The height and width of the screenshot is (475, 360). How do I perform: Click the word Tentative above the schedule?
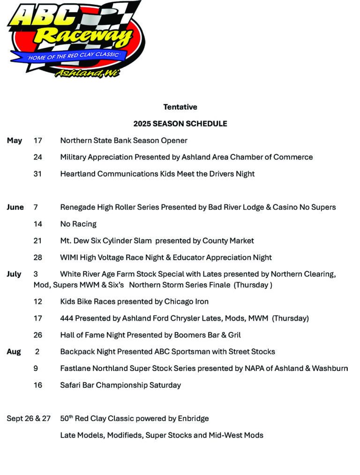(180, 107)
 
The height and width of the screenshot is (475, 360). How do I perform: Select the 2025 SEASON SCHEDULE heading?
(180, 124)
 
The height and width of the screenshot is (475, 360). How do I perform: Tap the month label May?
(15, 141)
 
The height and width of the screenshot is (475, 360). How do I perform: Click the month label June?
(15, 207)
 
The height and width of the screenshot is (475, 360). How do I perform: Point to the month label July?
(14, 274)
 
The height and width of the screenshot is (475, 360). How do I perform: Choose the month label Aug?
(14, 352)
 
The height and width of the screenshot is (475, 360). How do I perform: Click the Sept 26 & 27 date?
(29, 419)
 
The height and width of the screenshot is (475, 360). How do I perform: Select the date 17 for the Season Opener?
(37, 141)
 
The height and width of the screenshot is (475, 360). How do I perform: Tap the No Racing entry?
(78, 224)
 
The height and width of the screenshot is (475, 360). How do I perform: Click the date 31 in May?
(37, 174)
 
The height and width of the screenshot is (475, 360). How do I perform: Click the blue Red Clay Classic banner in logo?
(75, 56)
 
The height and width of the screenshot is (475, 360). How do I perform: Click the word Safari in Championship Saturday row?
(71, 385)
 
